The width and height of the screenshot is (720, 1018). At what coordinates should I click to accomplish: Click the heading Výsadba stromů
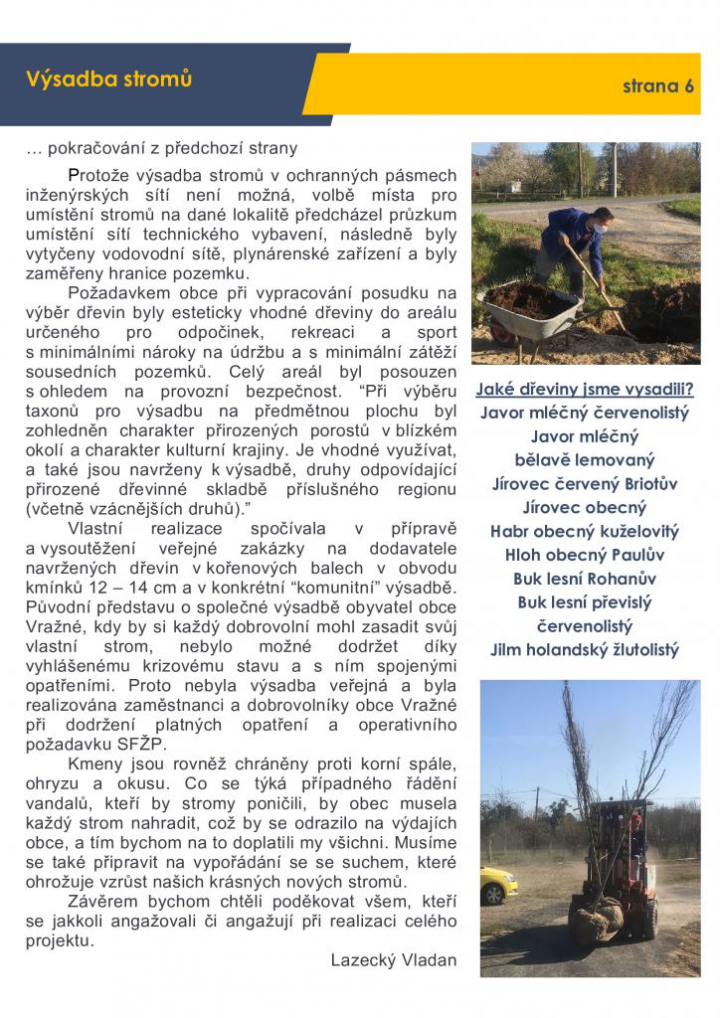[109, 79]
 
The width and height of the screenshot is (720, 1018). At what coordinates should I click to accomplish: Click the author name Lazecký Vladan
[393, 959]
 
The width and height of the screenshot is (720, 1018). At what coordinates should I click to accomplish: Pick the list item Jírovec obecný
[584, 507]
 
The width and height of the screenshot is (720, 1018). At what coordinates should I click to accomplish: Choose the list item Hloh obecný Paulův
[585, 555]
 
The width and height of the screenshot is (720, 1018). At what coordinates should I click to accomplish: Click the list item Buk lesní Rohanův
[585, 579]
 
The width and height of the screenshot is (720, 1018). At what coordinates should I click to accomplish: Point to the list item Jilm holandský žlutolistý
[585, 650]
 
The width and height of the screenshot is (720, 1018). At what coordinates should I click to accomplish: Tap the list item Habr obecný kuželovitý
[585, 531]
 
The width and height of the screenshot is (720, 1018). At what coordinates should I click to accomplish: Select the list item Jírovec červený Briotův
[585, 484]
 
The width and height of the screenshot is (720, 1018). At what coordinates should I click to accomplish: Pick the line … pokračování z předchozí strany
[161, 149]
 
